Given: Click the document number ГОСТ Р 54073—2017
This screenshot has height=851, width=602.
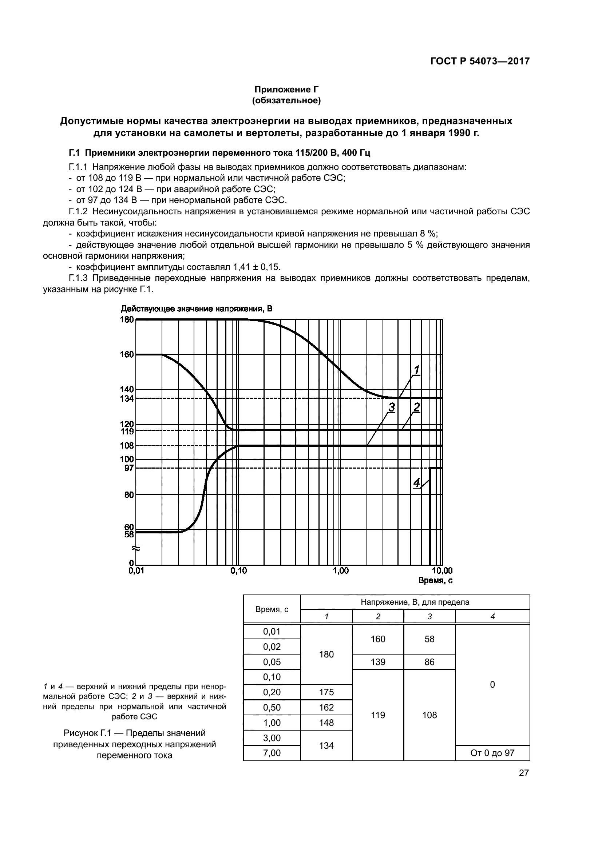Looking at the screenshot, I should tap(480, 61).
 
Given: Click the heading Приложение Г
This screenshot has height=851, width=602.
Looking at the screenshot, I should tap(286, 90).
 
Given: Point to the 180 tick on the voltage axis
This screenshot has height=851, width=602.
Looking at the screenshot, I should tap(127, 319).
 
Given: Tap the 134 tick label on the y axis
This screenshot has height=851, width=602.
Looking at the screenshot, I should tap(127, 399).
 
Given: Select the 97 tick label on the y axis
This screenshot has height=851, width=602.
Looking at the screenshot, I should tap(128, 468).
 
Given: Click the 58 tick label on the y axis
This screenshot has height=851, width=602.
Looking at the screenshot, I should tap(128, 534).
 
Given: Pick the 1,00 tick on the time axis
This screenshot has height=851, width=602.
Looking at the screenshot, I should tap(340, 571).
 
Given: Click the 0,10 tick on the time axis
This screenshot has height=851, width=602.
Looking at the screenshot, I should tap(238, 571).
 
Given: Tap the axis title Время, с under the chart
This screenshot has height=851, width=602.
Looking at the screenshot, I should tap(435, 581).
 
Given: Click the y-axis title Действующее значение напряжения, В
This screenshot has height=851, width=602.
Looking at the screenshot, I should tap(197, 309).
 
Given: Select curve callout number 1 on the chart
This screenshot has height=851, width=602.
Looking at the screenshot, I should tap(416, 370).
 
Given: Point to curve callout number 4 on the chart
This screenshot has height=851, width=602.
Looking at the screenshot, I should tap(416, 482).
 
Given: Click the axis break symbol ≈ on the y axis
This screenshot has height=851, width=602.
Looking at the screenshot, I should tap(136, 548).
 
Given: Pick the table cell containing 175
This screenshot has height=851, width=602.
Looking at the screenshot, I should tap(326, 692).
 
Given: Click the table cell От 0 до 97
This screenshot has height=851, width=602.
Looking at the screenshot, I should tap(492, 753).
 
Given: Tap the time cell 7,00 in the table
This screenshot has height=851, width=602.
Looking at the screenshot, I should tap(272, 753).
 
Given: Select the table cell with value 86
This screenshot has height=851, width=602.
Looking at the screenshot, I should tap(429, 662).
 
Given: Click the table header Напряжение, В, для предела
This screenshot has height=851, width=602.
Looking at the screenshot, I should tap(415, 602).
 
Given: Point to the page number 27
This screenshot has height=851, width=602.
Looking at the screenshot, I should tap(523, 773).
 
